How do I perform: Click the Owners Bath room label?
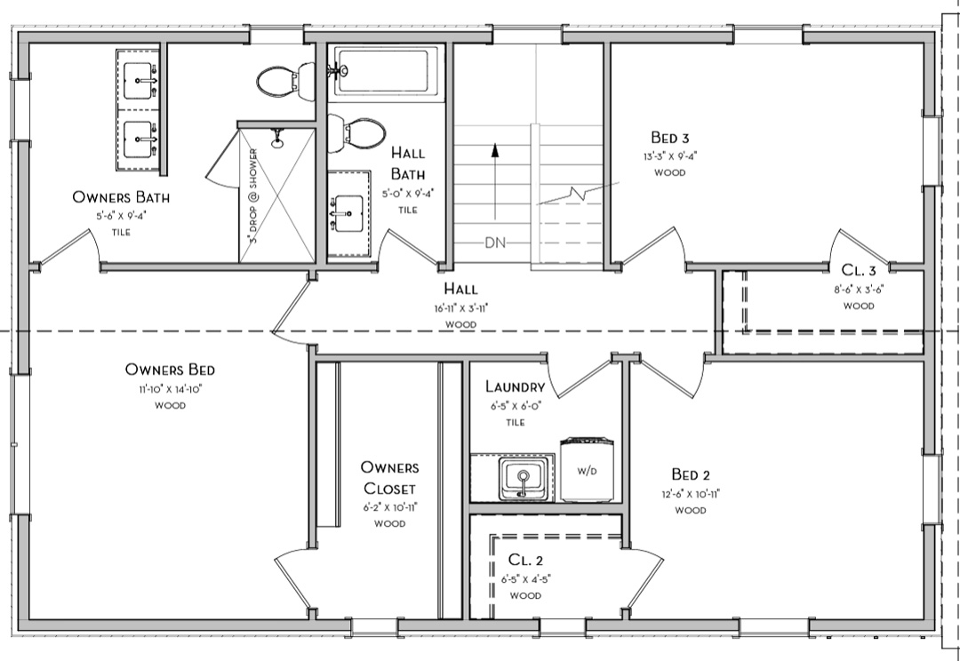[x=121, y=197]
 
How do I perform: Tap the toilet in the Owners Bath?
[x=285, y=81]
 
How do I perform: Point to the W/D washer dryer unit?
[x=588, y=469]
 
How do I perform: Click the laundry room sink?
[x=523, y=478]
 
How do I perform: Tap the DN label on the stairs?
[x=495, y=243]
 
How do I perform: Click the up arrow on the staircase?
[x=495, y=180]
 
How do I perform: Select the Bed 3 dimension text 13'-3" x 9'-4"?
[x=670, y=156]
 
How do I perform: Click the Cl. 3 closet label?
[x=859, y=270]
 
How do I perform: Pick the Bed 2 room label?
[x=691, y=474]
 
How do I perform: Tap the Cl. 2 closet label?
[x=525, y=560]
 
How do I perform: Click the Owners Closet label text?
[x=389, y=478]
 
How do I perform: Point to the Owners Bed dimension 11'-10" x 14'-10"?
[x=170, y=388]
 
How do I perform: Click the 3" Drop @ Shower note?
[x=252, y=195]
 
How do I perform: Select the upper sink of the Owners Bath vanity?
[x=139, y=80]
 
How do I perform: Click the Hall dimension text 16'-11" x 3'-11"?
[x=460, y=308]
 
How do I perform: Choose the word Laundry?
[x=515, y=386]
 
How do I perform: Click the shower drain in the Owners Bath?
[x=277, y=143]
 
